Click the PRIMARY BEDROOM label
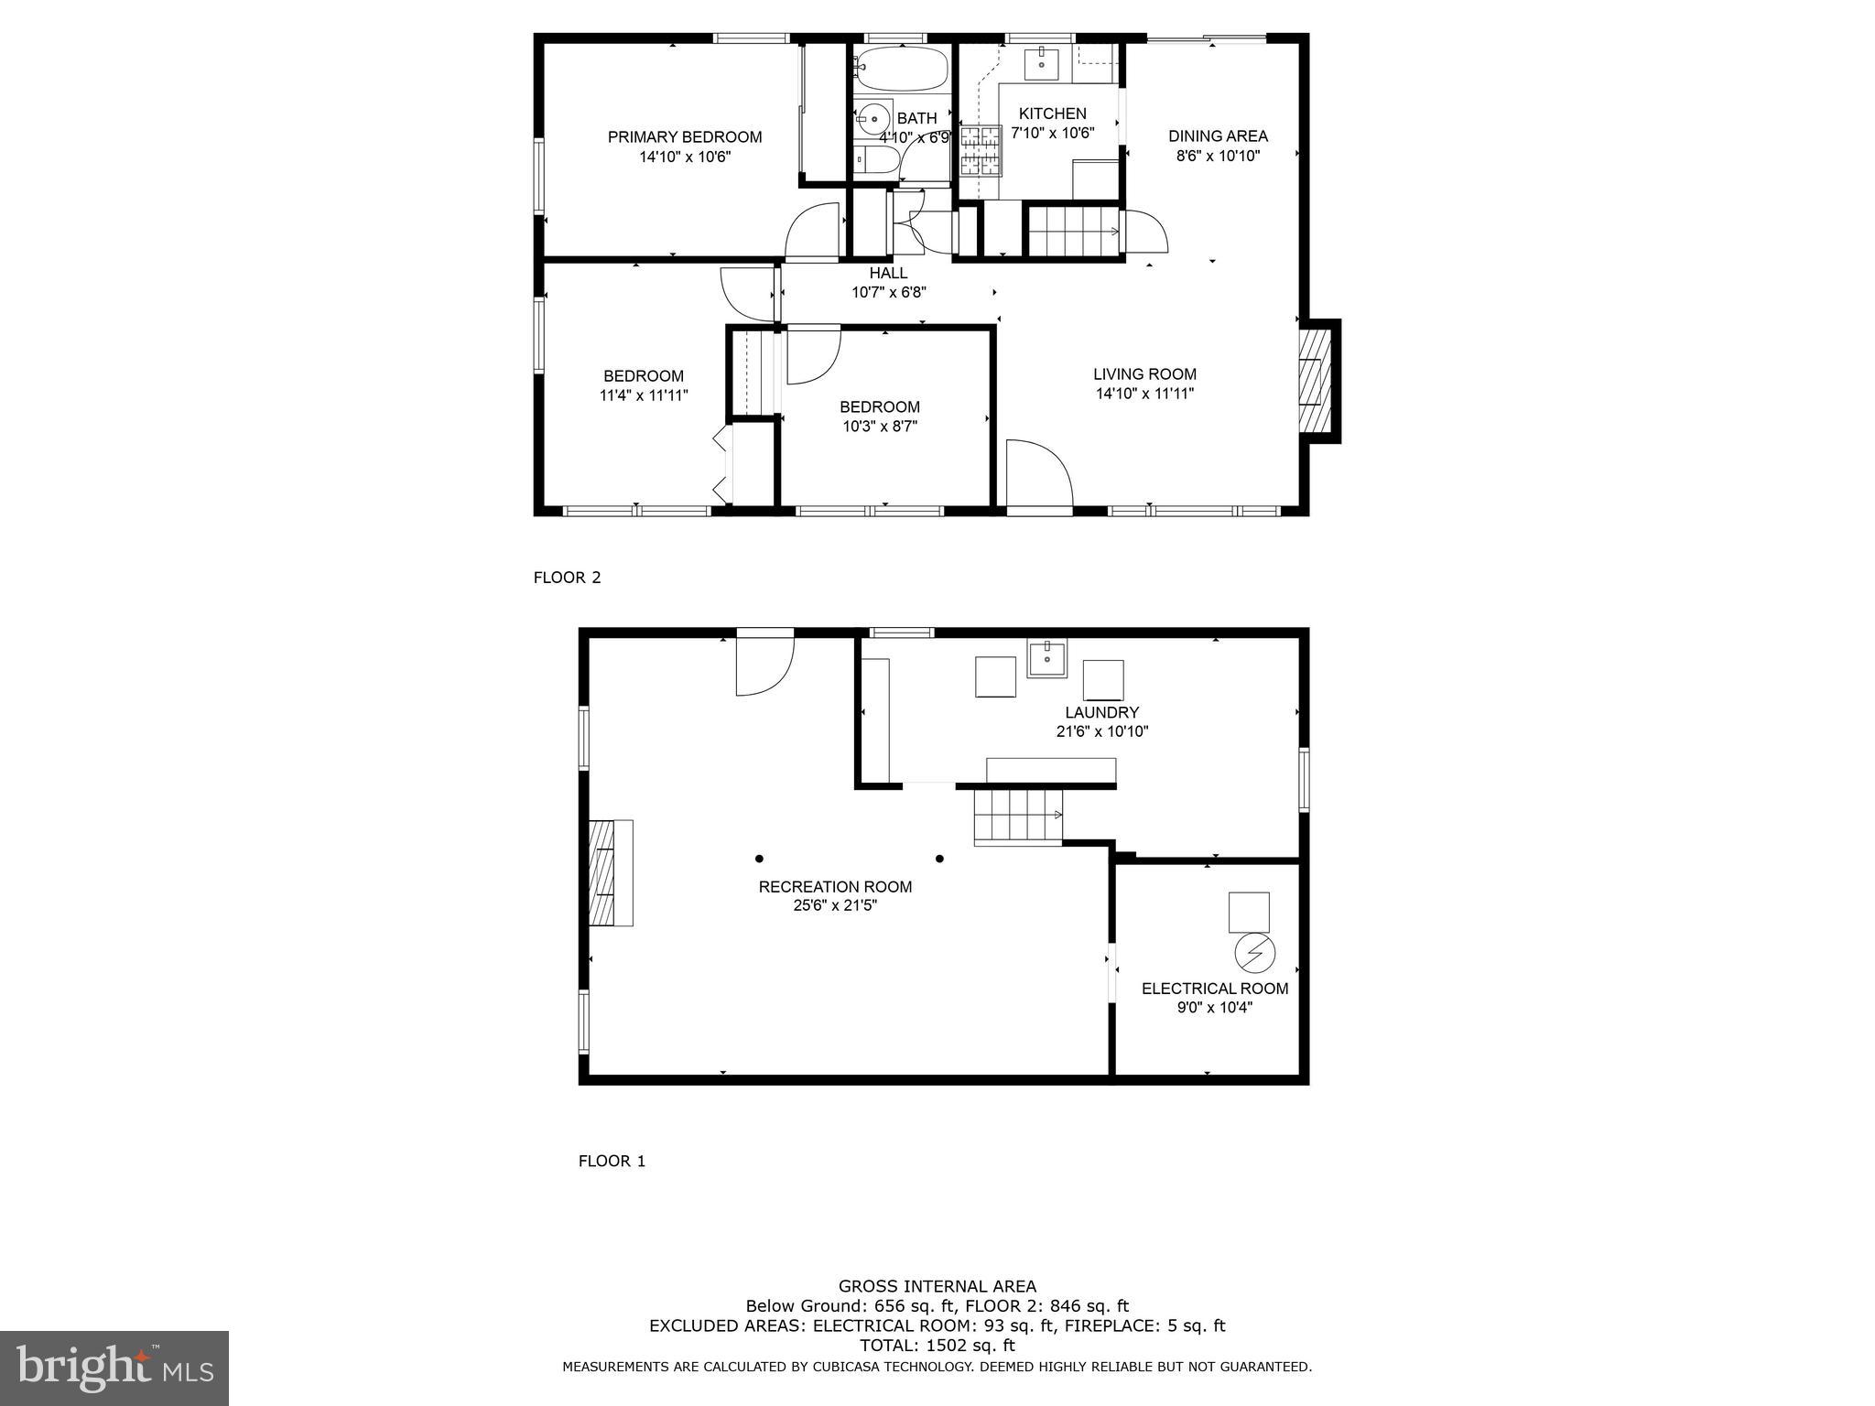pos(685,137)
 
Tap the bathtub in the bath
pos(902,70)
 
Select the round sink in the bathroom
pos(875,117)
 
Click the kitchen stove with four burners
pos(981,150)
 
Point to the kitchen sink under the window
pos(1041,63)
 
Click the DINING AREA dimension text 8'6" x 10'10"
pos(1218,156)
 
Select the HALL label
pos(888,273)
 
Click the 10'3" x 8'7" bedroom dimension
pos(880,427)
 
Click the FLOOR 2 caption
pos(567,578)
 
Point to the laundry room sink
pos(1046,659)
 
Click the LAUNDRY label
pos(1101,712)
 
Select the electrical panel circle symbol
pos(1254,953)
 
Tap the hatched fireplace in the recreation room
pos(602,873)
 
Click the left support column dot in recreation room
pos(759,859)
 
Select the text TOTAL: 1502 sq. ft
pos(937,1346)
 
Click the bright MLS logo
pos(114,1368)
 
